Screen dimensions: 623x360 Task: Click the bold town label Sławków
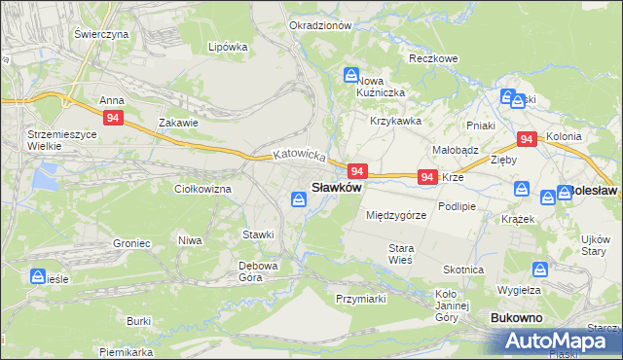tap(336, 187)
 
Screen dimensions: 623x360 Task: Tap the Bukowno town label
tap(517, 318)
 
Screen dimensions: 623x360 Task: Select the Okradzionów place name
tap(320, 25)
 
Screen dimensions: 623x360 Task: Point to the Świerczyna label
tap(101, 33)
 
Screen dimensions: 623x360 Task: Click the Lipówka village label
tap(229, 47)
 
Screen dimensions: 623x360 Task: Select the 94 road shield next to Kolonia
tap(527, 139)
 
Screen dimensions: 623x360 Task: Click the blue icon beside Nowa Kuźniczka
tap(350, 75)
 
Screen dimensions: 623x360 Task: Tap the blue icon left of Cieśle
tap(40, 276)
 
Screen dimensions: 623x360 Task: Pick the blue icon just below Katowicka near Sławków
tap(299, 199)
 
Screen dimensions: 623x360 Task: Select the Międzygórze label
tap(396, 214)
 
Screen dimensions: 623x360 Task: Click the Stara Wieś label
tap(401, 254)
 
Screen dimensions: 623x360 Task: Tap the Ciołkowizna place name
tap(202, 189)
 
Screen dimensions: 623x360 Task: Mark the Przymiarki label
tap(363, 299)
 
